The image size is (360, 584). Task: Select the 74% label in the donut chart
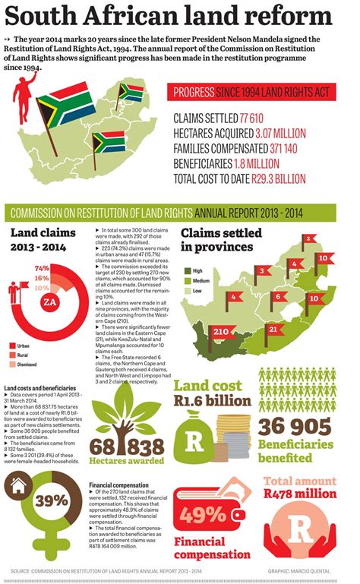[42, 268]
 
